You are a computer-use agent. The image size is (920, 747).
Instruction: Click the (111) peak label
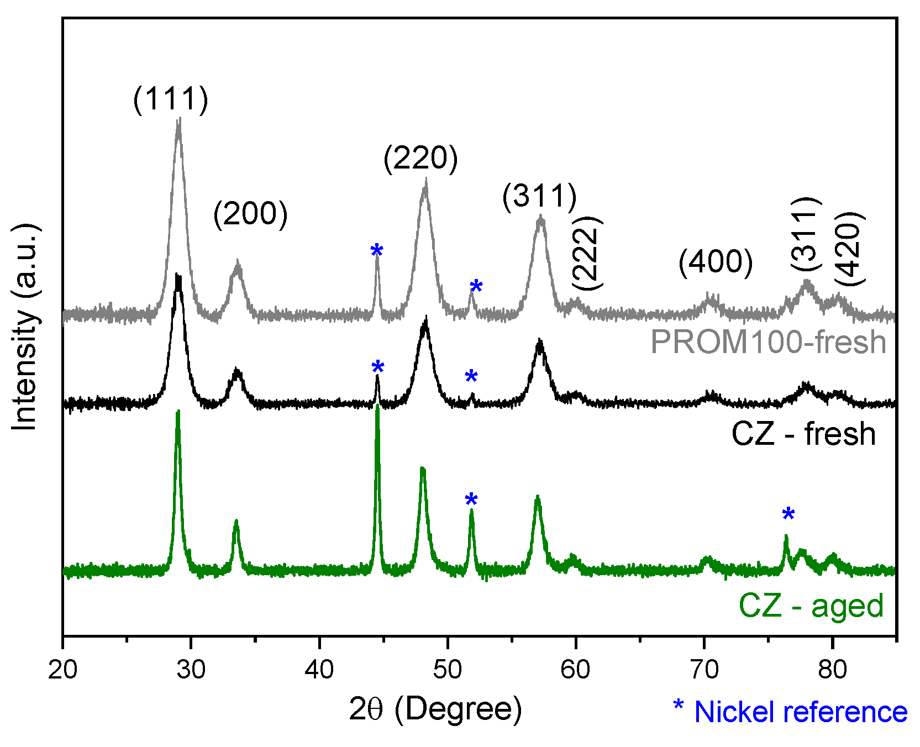(x=171, y=99)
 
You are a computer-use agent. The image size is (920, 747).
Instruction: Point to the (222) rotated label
(x=587, y=252)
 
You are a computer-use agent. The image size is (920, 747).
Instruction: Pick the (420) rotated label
(x=849, y=248)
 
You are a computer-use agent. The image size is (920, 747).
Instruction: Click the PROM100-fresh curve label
(x=769, y=342)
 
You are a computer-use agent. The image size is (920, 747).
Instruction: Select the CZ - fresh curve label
(x=803, y=434)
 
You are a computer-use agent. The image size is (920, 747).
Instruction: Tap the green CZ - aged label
(x=811, y=606)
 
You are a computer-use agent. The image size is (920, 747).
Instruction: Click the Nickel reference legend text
(x=790, y=712)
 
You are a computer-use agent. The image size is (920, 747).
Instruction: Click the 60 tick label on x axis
(x=576, y=670)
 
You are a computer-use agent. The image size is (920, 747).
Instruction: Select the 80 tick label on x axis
(x=832, y=670)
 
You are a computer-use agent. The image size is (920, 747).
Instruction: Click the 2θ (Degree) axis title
(x=435, y=709)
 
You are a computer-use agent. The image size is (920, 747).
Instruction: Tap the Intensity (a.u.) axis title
(x=25, y=327)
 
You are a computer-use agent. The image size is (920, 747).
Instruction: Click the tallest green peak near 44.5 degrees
(x=377, y=409)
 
